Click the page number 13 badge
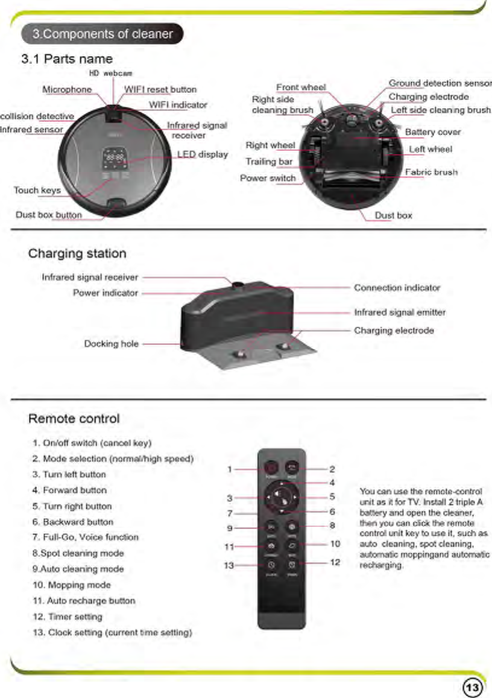[x=472, y=687]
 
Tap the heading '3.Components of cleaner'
[x=102, y=34]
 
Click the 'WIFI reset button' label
[x=160, y=90]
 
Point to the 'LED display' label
[x=203, y=154]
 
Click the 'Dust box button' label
[x=49, y=215]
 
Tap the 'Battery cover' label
[x=432, y=132]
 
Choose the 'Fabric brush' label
[x=431, y=172]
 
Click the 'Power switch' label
[x=268, y=178]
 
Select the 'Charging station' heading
[x=77, y=253]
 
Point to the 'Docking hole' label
[x=111, y=344]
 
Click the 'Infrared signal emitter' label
[x=400, y=313]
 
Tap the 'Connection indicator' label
[x=397, y=288]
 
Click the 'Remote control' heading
[x=74, y=419]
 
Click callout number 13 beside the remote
[x=228, y=566]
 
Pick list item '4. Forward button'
[x=70, y=490]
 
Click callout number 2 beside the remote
[x=332, y=469]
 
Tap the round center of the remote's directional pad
[x=281, y=498]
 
